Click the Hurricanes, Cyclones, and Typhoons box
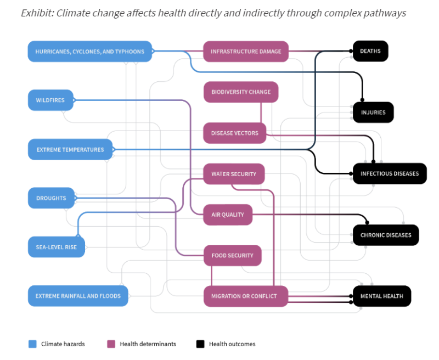(89, 52)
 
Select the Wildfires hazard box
(50, 100)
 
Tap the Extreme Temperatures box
(70, 149)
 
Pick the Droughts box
(51, 198)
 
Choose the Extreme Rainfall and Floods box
(78, 296)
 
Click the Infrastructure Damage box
(246, 52)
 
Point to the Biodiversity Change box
(241, 92)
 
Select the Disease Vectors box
(234, 133)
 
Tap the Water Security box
(234, 174)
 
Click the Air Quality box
(228, 215)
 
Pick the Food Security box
(232, 255)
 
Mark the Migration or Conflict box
(245, 296)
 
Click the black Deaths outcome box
(370, 52)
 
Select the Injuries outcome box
(373, 113)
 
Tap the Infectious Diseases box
(389, 173)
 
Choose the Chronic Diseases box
(385, 235)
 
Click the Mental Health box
(381, 296)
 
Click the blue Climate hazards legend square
(32, 344)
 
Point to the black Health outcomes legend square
(200, 344)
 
